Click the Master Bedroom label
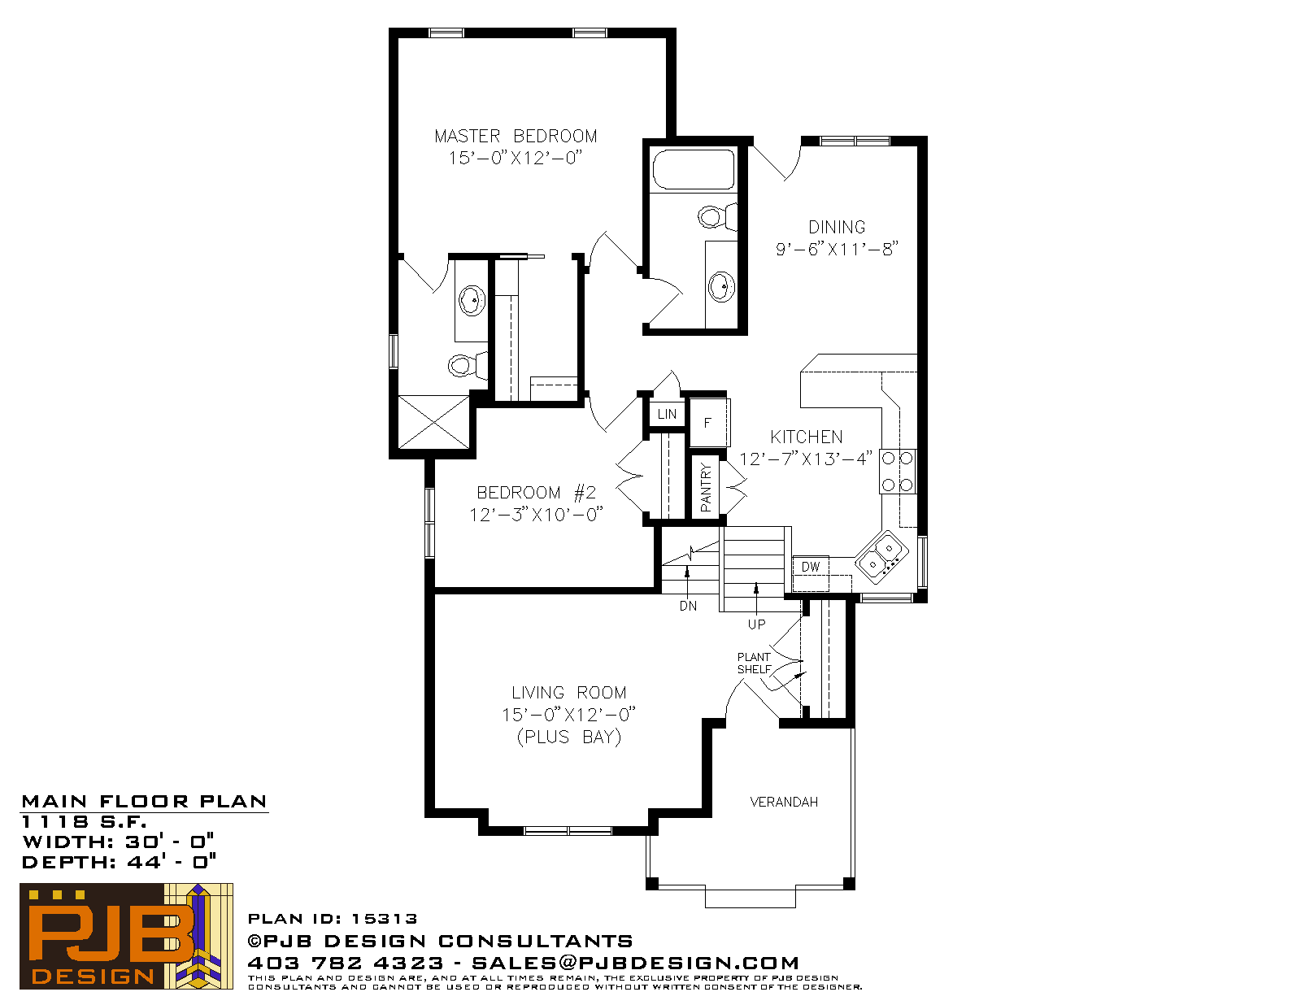coord(516,136)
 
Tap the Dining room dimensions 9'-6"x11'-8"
coord(837,249)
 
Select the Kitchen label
coord(807,437)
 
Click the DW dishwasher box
coord(811,567)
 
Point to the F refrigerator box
coord(707,422)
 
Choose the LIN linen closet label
coord(667,414)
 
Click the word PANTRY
coord(706,487)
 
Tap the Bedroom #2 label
coord(536,493)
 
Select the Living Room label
coord(568,693)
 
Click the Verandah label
coord(784,802)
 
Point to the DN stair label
coord(688,606)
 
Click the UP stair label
coord(756,624)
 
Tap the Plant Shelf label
coord(754,663)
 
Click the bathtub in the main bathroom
coord(693,170)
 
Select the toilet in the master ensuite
coord(465,365)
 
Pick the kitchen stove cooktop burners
coord(898,472)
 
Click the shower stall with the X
coord(433,421)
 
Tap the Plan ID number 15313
coord(385,919)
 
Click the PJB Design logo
coord(126,936)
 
